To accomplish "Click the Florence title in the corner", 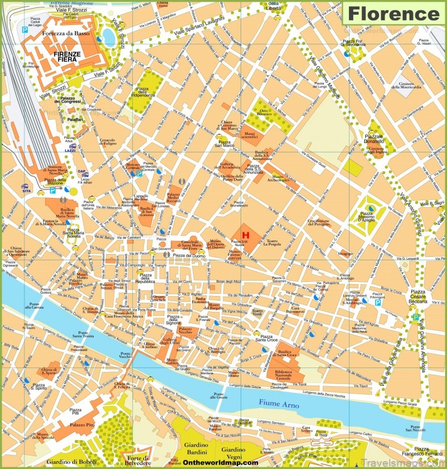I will pyautogui.click(x=393, y=12).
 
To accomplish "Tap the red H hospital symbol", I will pyautogui.click(x=246, y=234).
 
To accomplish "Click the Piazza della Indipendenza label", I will pyautogui.click(x=144, y=91).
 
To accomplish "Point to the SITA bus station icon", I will pyautogui.click(x=26, y=189).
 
